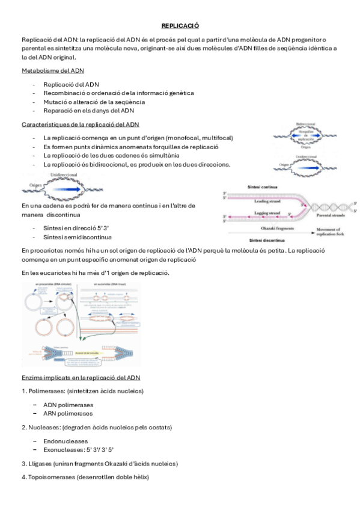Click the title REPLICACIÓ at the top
(x=180, y=26)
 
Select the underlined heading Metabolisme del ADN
(x=52, y=70)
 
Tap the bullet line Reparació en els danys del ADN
(x=88, y=111)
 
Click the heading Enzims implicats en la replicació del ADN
(x=81, y=377)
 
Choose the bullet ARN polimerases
(x=68, y=413)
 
